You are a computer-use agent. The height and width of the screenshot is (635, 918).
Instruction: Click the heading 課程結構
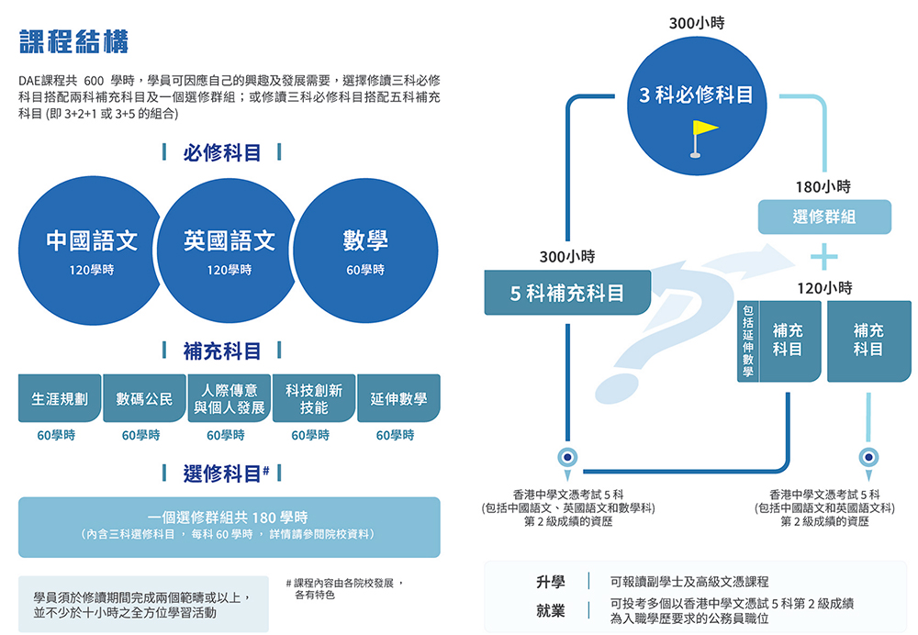coord(73,41)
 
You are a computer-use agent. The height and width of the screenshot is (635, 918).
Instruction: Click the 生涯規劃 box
coord(60,399)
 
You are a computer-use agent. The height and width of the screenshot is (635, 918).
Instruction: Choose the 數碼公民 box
coord(144,399)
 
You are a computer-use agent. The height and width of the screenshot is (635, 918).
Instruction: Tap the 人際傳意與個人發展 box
coord(229,399)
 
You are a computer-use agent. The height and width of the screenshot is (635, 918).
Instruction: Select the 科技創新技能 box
coord(314,399)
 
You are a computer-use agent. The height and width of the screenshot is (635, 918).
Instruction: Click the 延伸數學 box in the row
coord(398,399)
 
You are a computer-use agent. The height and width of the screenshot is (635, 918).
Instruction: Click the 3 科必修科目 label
coord(697,95)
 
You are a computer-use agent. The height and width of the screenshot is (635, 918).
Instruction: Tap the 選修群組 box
coord(823,217)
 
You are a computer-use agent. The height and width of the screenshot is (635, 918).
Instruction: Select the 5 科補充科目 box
coord(567,294)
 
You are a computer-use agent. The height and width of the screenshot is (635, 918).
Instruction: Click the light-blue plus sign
coord(824,252)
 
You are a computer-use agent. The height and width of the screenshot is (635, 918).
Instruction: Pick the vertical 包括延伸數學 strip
coord(747,341)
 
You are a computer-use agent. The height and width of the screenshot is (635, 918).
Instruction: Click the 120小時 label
coord(823,288)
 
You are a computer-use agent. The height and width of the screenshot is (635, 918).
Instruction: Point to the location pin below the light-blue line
coord(868,457)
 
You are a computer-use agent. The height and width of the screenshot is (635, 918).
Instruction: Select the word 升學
coord(551,582)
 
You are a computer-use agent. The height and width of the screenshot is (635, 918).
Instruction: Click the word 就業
coord(551,610)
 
